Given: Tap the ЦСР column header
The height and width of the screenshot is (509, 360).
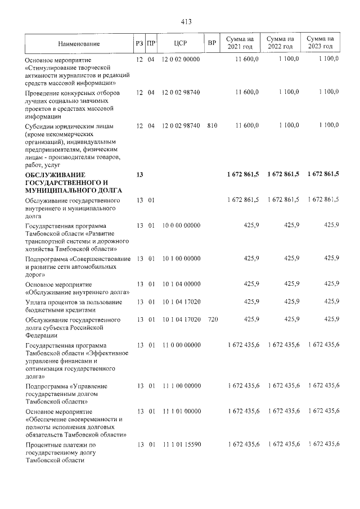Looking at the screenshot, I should pyautogui.click(x=181, y=43).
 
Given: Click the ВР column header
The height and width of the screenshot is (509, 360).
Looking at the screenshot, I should pyautogui.click(x=211, y=43).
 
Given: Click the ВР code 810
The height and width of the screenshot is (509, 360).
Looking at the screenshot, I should pyautogui.click(x=211, y=125).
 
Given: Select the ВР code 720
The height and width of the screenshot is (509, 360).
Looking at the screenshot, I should pyautogui.click(x=211, y=320).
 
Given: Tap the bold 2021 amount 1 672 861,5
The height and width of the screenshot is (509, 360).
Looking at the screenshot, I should pyautogui.click(x=242, y=175).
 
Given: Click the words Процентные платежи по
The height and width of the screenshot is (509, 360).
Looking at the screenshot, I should pyautogui.click(x=62, y=445).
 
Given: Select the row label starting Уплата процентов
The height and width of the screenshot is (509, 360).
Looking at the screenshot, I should pyautogui.click(x=73, y=302).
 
